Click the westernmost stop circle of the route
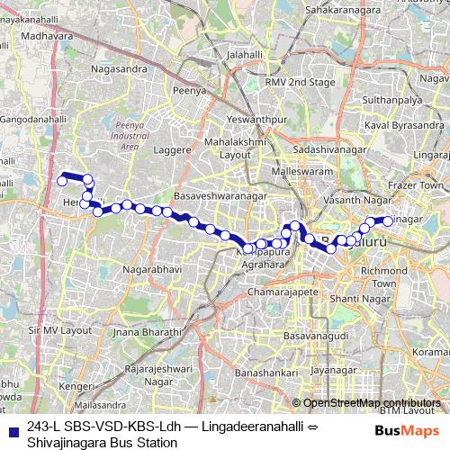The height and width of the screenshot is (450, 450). point(62,181)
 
